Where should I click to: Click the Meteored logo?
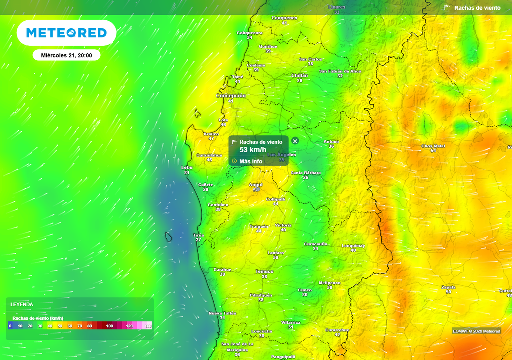coord(66,33)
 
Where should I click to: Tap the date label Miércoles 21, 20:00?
coord(66,55)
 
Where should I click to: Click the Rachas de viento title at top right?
coord(477,8)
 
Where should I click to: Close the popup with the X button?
coord(295,141)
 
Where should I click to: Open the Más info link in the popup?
coord(250,161)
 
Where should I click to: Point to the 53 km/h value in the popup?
coord(253,150)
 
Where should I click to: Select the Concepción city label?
coord(230,95)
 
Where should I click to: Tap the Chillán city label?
coord(300,75)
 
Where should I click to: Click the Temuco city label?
coord(264,271)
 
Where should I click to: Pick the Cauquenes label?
coord(284,18)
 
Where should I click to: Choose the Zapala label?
coord(448,287)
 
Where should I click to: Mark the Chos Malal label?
coord(433,146)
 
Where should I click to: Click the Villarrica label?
coord(291,322)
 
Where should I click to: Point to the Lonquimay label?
coord(353,246)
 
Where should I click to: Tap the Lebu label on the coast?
coord(187,167)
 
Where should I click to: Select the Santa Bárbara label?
coord(305,173)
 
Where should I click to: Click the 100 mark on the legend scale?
coord(110,326)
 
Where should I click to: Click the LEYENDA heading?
coord(23,304)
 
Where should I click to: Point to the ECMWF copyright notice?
coord(476,331)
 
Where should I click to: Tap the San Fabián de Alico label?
coord(340,71)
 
